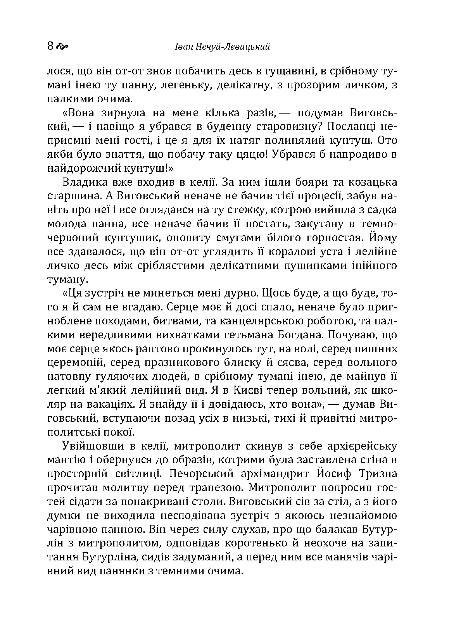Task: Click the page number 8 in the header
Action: coord(50,46)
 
